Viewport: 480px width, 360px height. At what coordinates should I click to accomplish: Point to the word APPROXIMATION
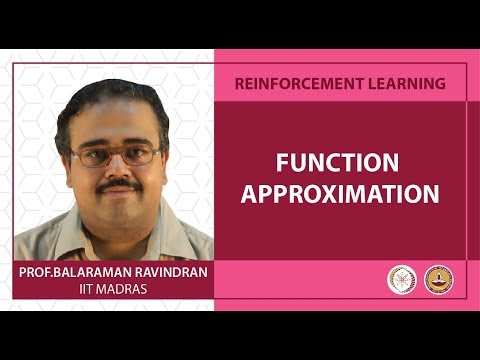click(340, 194)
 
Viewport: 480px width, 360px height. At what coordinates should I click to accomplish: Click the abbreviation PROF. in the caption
click(41, 272)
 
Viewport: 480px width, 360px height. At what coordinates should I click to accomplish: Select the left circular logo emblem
click(401, 279)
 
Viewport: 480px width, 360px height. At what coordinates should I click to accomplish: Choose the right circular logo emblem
click(438, 279)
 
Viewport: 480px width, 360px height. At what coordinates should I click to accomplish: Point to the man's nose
click(119, 167)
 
